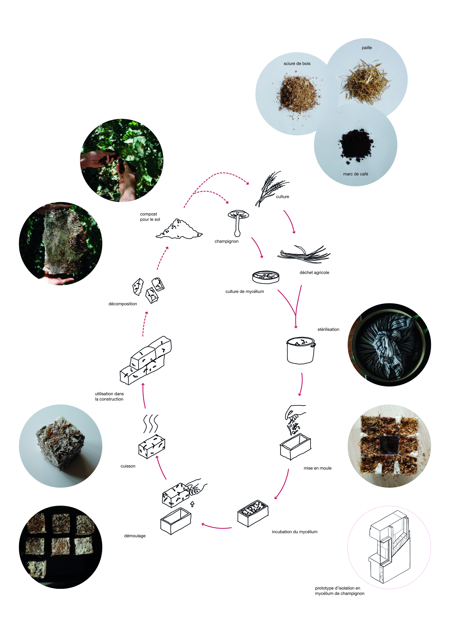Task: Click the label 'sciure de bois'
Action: tap(297, 64)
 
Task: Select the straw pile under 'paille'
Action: tap(366, 81)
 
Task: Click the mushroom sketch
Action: tap(238, 222)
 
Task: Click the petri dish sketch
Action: tap(266, 277)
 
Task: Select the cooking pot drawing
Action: tap(300, 350)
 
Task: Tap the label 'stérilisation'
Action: tap(328, 329)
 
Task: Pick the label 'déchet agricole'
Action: tap(314, 273)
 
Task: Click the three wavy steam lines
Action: tap(151, 424)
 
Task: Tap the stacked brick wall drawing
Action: tap(146, 360)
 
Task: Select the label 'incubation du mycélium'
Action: tap(294, 532)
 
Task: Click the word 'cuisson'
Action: tap(128, 466)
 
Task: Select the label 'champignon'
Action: tap(226, 241)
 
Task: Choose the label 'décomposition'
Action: tap(123, 304)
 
